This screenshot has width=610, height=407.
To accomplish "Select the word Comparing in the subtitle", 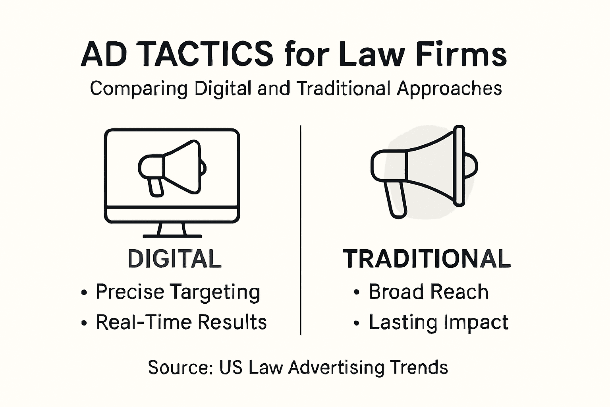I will (x=138, y=89).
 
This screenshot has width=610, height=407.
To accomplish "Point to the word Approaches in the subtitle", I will (x=449, y=89).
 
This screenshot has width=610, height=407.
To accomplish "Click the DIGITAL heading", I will (x=174, y=259).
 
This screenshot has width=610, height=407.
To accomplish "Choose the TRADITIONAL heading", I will (x=427, y=259).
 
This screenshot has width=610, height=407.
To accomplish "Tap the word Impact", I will (x=476, y=323).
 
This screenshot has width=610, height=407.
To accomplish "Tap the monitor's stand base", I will (x=172, y=236).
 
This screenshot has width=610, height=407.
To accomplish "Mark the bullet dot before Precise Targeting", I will (x=84, y=293).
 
